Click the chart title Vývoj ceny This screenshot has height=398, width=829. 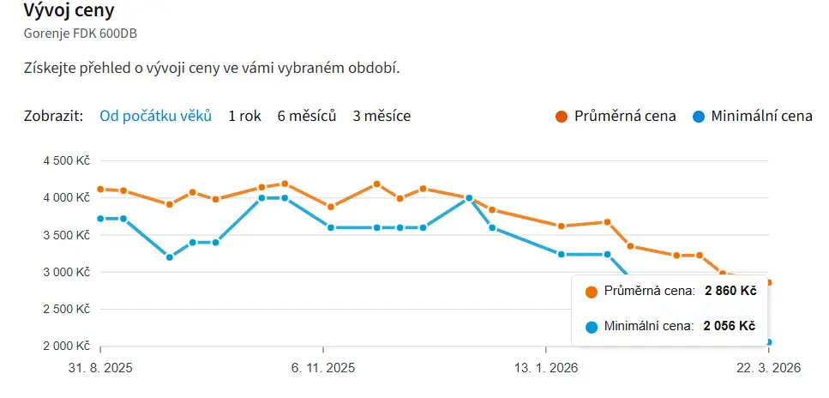(x=69, y=12)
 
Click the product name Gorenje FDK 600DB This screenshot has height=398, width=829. (x=81, y=34)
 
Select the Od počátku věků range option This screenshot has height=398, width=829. (x=155, y=116)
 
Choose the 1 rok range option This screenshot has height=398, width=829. (x=244, y=116)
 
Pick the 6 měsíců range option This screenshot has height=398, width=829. (x=307, y=116)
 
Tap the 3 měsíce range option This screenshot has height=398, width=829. (x=381, y=116)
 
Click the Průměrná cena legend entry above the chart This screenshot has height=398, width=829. (x=625, y=116)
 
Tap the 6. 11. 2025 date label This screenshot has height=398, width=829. (x=323, y=368)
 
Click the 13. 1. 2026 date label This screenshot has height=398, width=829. (x=545, y=368)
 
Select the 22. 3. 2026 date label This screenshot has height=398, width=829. (x=768, y=368)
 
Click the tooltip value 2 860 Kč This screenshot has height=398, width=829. (x=730, y=292)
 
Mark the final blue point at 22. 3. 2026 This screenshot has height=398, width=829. (x=769, y=342)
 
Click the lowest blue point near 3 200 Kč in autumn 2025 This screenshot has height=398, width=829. (x=169, y=257)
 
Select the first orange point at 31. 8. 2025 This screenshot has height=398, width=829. (x=100, y=190)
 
